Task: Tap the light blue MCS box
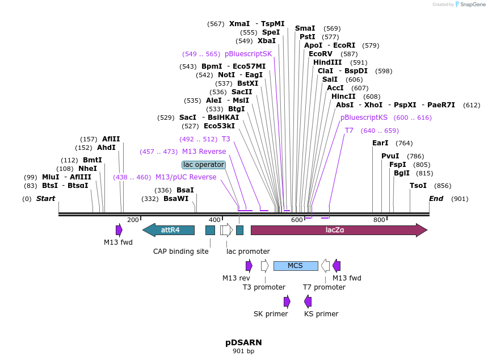[x=296, y=266]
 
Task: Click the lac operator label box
[x=204, y=165]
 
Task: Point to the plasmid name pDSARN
[x=243, y=342]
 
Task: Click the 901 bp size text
[x=243, y=351]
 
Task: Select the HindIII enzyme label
[x=327, y=62]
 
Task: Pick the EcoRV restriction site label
[x=321, y=54]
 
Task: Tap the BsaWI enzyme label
[x=176, y=199]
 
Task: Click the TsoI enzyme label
[x=418, y=186]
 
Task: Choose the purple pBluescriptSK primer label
[x=248, y=54]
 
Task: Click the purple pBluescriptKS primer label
[x=364, y=118]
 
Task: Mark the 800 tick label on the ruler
[x=379, y=220]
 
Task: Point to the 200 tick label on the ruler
[x=133, y=220]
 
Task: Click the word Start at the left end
[x=46, y=199]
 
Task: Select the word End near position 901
[x=436, y=199]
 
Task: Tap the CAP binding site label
[x=181, y=251]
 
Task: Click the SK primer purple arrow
[x=287, y=302]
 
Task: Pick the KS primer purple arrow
[x=308, y=302]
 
